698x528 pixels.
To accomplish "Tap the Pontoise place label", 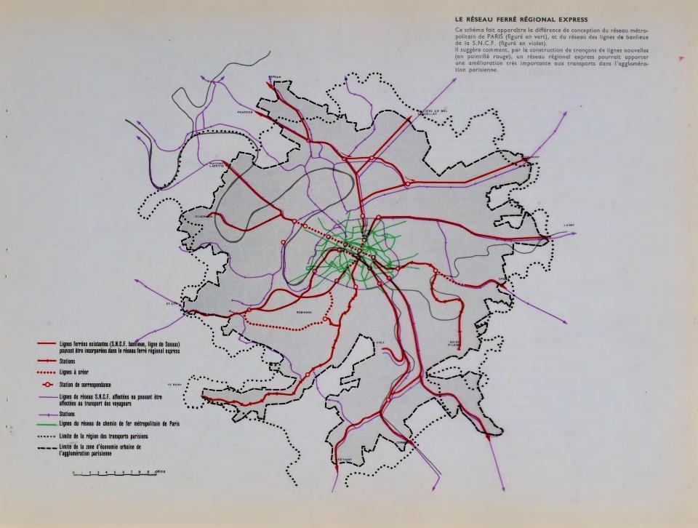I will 245,113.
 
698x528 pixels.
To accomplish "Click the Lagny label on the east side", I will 569,225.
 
